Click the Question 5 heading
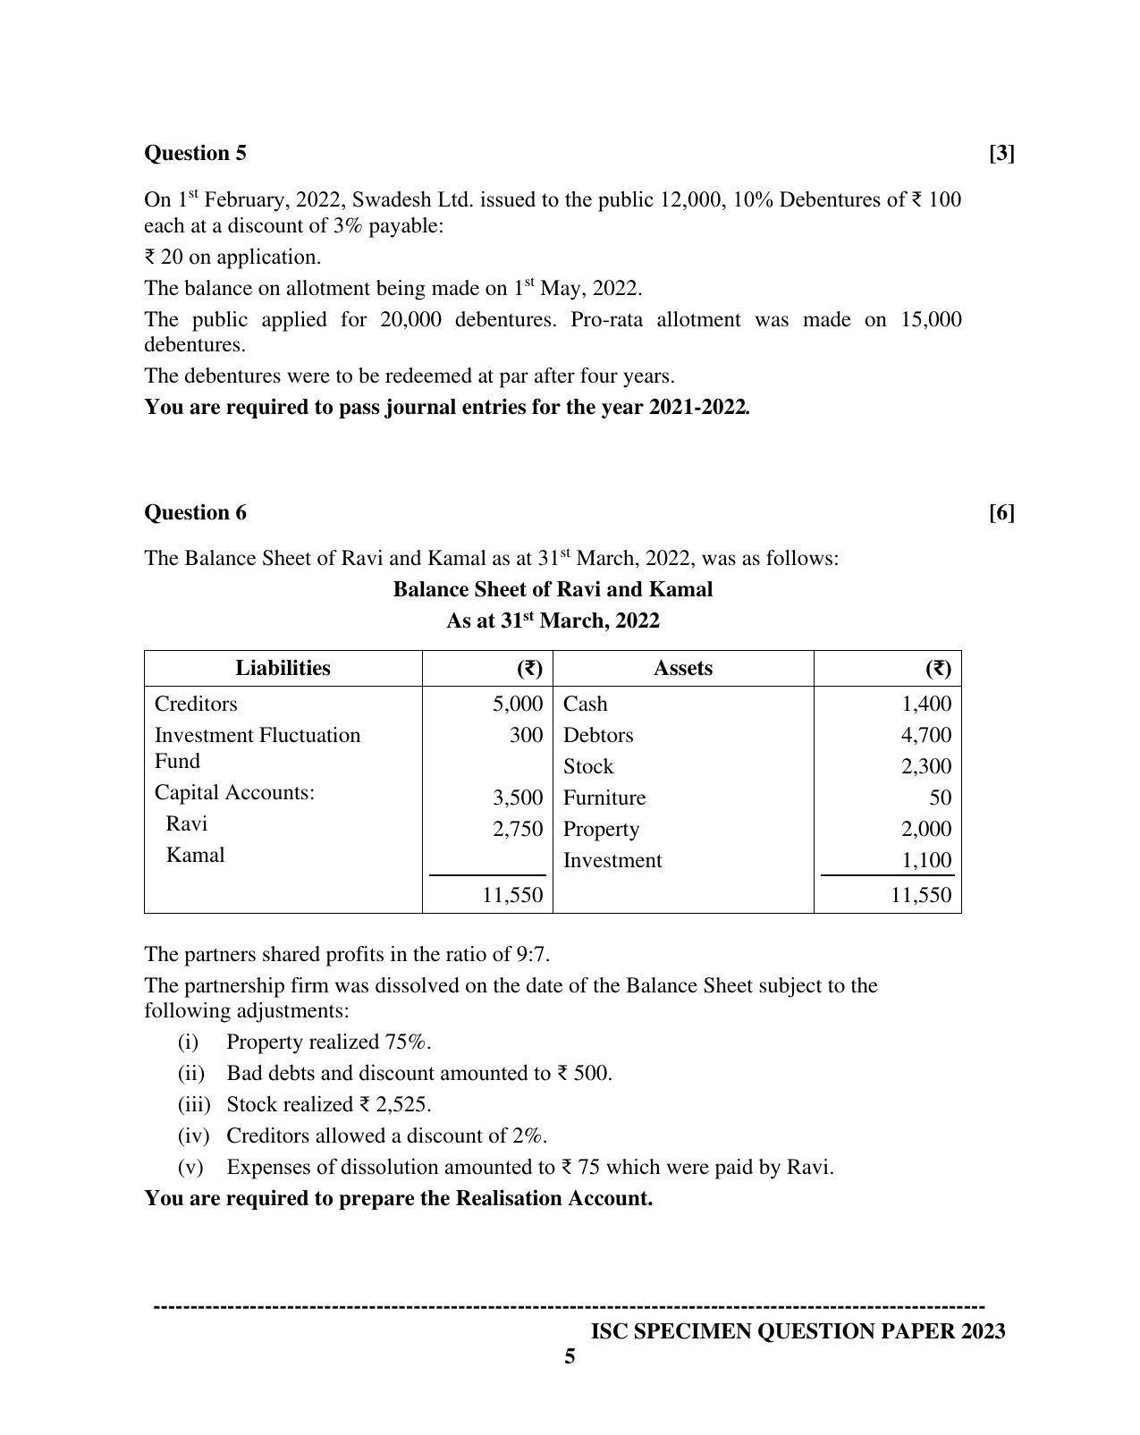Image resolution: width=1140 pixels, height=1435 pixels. click(x=195, y=153)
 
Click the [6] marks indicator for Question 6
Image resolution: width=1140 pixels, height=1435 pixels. click(x=1001, y=512)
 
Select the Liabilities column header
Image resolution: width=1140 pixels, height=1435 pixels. click(x=283, y=668)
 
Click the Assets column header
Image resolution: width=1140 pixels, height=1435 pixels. click(x=682, y=668)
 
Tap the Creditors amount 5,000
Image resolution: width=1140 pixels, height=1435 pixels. click(x=518, y=704)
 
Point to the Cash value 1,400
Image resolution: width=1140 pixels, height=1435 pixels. click(x=926, y=704)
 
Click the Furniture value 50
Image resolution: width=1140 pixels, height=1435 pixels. click(x=940, y=798)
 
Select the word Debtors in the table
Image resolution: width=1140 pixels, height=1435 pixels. click(x=597, y=735)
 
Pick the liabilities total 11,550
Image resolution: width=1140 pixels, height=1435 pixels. click(x=512, y=895)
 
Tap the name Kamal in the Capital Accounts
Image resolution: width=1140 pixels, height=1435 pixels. click(x=195, y=855)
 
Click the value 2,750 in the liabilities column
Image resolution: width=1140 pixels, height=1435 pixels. click(x=518, y=829)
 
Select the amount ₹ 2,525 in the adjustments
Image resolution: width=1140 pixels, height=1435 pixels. click(x=394, y=1104)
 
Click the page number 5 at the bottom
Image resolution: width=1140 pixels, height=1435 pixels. click(x=570, y=1357)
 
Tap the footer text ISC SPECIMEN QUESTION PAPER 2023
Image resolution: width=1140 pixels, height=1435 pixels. click(x=798, y=1331)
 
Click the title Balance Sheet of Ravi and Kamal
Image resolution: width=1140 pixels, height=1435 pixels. click(x=553, y=589)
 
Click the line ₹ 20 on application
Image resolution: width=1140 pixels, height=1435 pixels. click(x=232, y=257)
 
